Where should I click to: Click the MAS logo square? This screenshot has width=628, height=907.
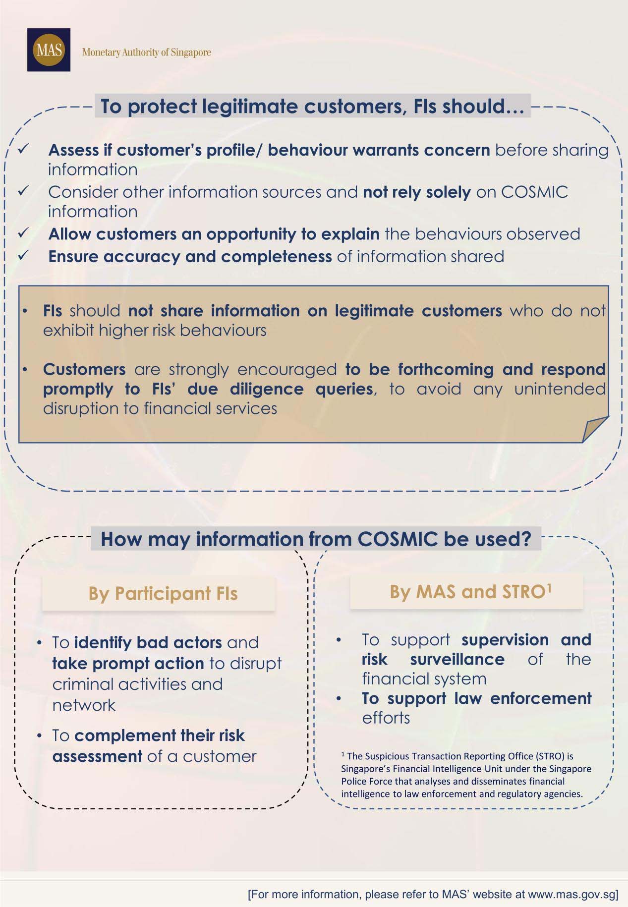click(49, 50)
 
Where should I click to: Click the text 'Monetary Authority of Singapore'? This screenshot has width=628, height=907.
click(146, 52)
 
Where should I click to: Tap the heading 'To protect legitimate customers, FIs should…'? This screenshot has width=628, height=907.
click(312, 107)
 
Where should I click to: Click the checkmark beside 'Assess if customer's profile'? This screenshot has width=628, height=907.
click(24, 148)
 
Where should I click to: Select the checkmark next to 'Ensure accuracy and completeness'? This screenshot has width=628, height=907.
click(24, 255)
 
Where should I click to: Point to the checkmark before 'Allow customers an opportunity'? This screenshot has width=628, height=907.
click(24, 232)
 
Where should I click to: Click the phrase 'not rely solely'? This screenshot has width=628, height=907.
click(416, 192)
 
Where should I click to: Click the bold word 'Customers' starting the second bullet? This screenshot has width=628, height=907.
click(84, 369)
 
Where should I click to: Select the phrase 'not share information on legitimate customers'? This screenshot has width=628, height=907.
click(315, 311)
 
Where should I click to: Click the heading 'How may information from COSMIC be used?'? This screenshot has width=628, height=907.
click(316, 539)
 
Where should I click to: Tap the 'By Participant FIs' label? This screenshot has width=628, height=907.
click(163, 593)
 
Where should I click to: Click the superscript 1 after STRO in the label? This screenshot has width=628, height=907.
click(549, 587)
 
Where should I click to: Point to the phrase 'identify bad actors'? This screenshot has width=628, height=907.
click(148, 642)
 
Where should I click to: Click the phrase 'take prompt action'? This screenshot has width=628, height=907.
click(128, 663)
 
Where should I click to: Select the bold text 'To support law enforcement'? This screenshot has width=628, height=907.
click(476, 698)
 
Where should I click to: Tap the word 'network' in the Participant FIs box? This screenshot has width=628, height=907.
click(84, 705)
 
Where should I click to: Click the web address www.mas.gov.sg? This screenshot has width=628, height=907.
click(572, 894)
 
